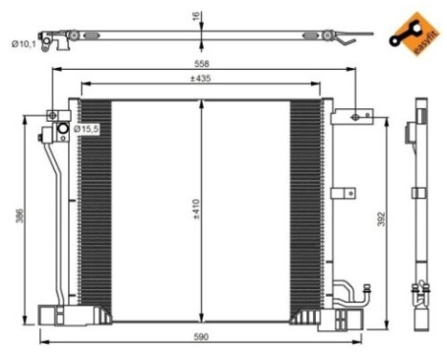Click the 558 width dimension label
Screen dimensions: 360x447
[200, 62]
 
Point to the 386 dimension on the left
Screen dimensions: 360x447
[19, 216]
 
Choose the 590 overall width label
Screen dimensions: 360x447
[200, 335]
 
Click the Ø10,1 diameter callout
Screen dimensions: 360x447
[25, 41]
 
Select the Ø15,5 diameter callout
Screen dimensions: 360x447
[87, 128]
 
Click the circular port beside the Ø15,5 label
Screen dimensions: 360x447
[63, 129]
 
